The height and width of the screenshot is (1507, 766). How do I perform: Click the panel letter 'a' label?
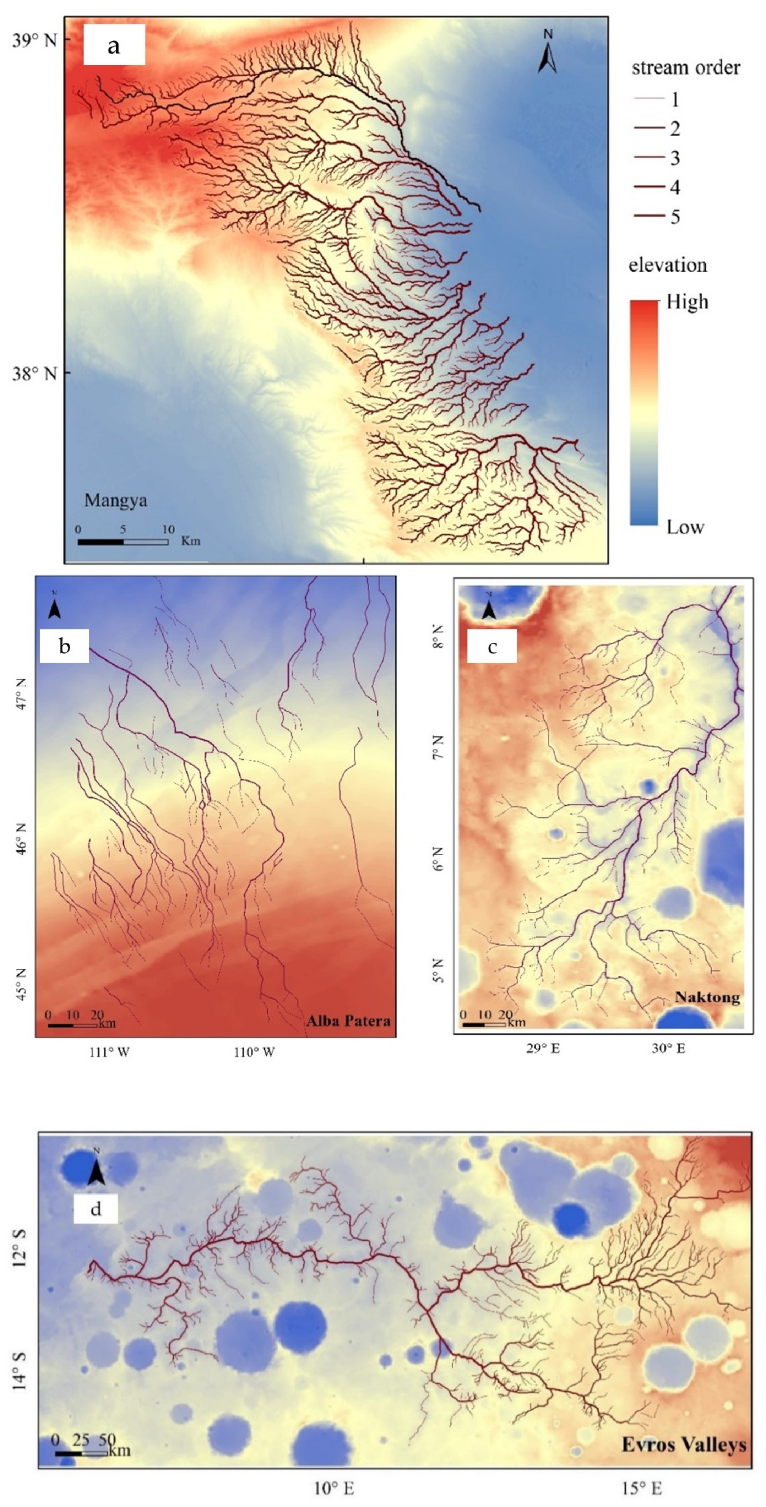[114, 45]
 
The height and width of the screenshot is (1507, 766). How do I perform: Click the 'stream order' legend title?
[685, 68]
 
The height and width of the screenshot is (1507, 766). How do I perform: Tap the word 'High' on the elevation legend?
[687, 302]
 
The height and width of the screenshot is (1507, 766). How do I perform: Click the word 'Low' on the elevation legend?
[685, 527]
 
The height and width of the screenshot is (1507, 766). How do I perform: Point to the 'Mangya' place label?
[115, 501]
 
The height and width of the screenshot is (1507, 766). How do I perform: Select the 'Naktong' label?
[707, 997]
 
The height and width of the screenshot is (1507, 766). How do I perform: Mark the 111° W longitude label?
[109, 1052]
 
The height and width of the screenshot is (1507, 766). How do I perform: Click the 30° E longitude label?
[668, 1048]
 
